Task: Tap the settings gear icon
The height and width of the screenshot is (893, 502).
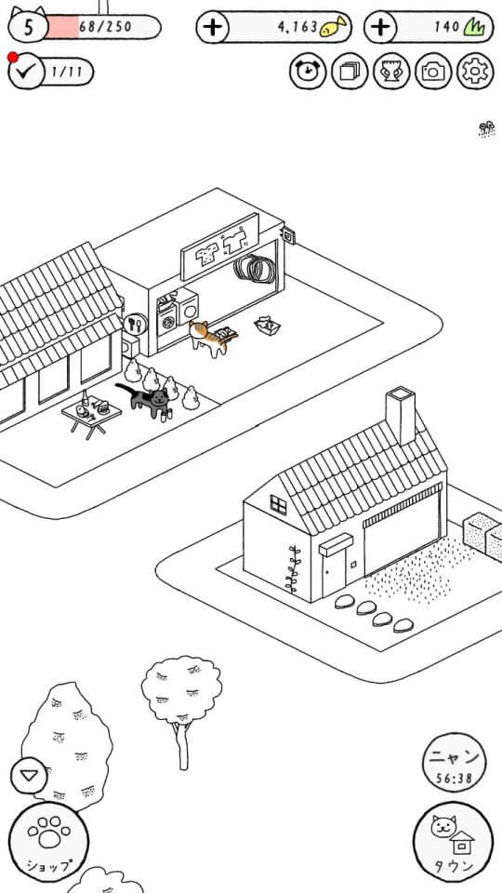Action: pos(475,72)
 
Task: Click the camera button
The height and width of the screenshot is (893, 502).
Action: pos(433,72)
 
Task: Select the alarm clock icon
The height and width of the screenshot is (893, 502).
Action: pos(308,72)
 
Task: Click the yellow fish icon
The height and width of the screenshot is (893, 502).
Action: pos(333,27)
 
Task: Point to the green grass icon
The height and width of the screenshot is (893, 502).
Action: pos(473,26)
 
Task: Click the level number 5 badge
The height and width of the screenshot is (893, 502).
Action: pos(28,27)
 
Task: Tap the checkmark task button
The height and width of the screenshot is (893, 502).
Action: pos(26,72)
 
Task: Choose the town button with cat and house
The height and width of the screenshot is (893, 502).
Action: pos(453,843)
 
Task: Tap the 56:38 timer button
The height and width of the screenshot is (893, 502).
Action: pos(455,763)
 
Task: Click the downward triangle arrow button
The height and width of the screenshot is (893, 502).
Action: pos(29,775)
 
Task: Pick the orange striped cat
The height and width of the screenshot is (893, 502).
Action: pos(212,339)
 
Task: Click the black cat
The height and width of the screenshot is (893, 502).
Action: pos(145,400)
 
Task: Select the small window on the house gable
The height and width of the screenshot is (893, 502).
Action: pos(278,504)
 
